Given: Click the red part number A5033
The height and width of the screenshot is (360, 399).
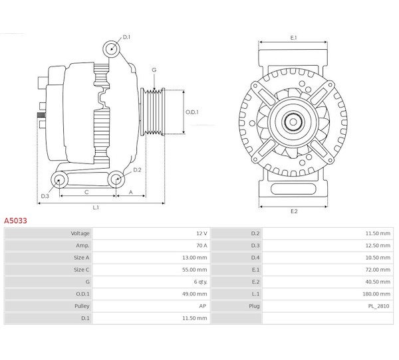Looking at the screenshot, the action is [15, 221].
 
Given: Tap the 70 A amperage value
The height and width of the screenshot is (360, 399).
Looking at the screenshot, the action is [201, 245].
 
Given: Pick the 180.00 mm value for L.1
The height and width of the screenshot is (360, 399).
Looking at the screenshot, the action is [376, 294].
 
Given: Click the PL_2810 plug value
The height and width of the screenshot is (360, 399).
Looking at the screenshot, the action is [378, 306].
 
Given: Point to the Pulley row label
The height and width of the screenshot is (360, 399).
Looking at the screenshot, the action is [82, 306].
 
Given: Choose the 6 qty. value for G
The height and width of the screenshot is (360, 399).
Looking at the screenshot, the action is [201, 282].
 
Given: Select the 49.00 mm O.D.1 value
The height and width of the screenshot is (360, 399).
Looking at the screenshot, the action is [194, 294].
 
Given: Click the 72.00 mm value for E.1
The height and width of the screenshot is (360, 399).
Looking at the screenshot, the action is [378, 270].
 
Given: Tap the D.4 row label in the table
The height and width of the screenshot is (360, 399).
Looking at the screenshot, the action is [255, 258].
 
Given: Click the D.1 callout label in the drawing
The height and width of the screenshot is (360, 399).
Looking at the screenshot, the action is [126, 37].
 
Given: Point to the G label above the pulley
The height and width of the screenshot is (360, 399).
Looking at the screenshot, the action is [154, 70].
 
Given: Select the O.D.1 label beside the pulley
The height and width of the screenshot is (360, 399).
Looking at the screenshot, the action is [192, 112].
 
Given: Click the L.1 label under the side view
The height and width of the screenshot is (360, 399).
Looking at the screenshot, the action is [96, 207].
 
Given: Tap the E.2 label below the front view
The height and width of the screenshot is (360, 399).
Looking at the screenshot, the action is [294, 211].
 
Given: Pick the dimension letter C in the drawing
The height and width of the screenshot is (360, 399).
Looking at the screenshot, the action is [86, 192].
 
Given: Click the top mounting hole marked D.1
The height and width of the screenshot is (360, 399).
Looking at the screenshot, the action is [111, 48].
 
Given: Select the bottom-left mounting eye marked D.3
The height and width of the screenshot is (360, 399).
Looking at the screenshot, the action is [59, 180].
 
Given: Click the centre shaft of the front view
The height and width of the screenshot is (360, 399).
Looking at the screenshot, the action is [293, 122].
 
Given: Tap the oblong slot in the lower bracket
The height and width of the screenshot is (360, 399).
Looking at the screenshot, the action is [293, 189].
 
